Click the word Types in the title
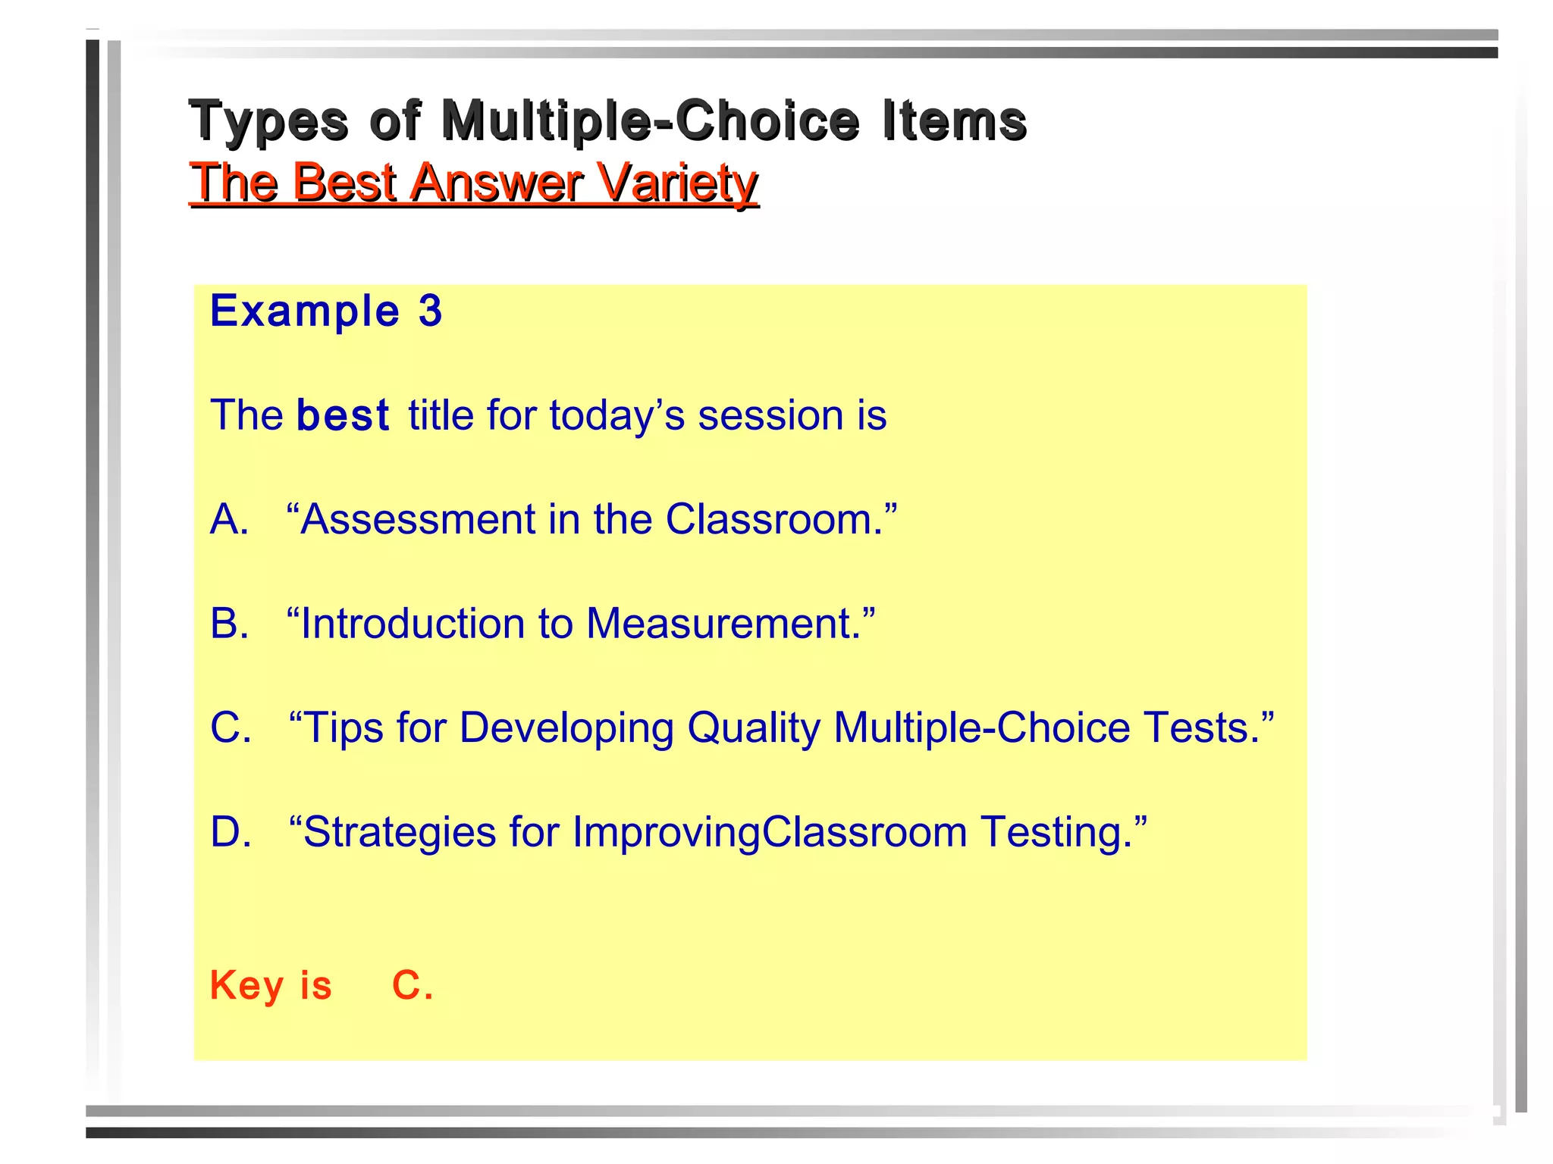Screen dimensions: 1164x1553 tap(268, 121)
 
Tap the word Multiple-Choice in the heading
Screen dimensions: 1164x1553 tap(651, 121)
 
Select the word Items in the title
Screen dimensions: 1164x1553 tap(954, 121)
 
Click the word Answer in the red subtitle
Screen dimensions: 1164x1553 tap(496, 183)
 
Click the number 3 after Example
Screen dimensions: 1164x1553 tap(430, 311)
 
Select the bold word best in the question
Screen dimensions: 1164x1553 tap(343, 415)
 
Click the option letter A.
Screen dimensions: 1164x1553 tap(229, 520)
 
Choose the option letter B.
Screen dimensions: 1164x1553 tap(229, 624)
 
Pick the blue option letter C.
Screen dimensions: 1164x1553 tap(231, 728)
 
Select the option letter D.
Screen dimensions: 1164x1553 tap(231, 832)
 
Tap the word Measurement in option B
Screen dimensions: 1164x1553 tap(725, 624)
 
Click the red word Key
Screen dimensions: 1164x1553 tap(246, 986)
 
